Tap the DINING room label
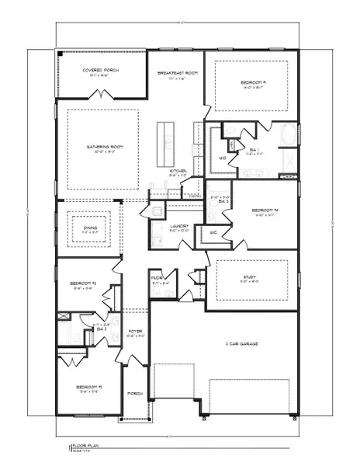coord(92,228)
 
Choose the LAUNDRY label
coord(179,226)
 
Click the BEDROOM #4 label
coord(265,210)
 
